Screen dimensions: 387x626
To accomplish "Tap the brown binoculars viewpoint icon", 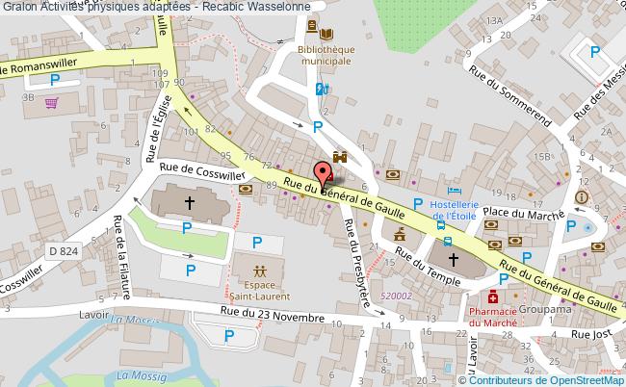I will (x=339, y=156).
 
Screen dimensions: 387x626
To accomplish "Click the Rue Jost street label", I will (x=591, y=333).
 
